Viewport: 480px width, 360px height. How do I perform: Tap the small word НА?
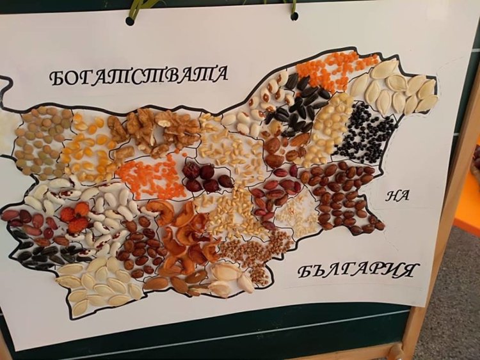397,196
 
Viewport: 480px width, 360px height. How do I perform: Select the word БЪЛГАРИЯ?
358,270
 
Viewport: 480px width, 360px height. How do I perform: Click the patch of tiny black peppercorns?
365,132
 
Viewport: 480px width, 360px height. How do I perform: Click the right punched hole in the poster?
294,15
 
